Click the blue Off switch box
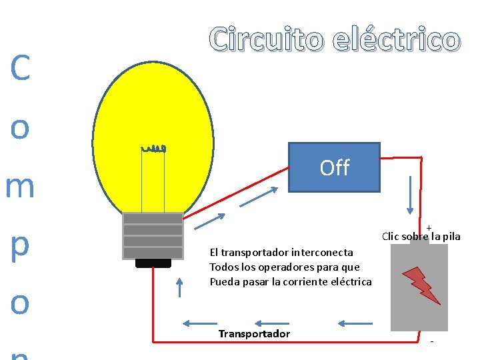click(334, 167)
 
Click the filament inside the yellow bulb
click(153, 148)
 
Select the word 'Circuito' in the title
click(267, 40)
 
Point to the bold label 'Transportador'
click(254, 333)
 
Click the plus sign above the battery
click(429, 228)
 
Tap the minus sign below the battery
click(431, 342)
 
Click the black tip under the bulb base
click(153, 263)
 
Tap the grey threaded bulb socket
click(153, 235)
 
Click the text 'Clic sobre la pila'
click(421, 237)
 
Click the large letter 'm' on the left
click(20, 187)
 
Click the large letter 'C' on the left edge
click(20, 69)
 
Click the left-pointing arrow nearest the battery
click(355, 324)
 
